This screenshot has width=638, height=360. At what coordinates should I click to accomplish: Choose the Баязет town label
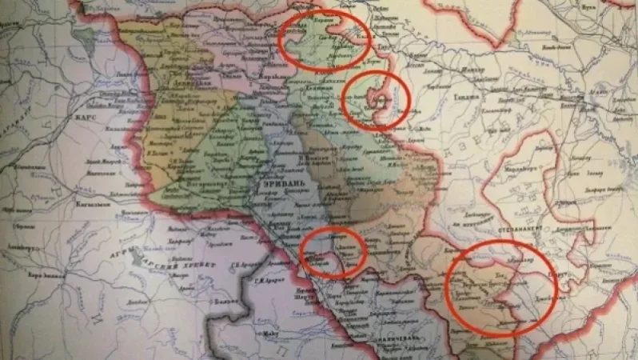[x=182, y=306]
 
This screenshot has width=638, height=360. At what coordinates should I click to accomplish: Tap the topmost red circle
[x=325, y=42]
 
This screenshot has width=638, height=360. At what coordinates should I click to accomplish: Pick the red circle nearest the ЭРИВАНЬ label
[x=334, y=251]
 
